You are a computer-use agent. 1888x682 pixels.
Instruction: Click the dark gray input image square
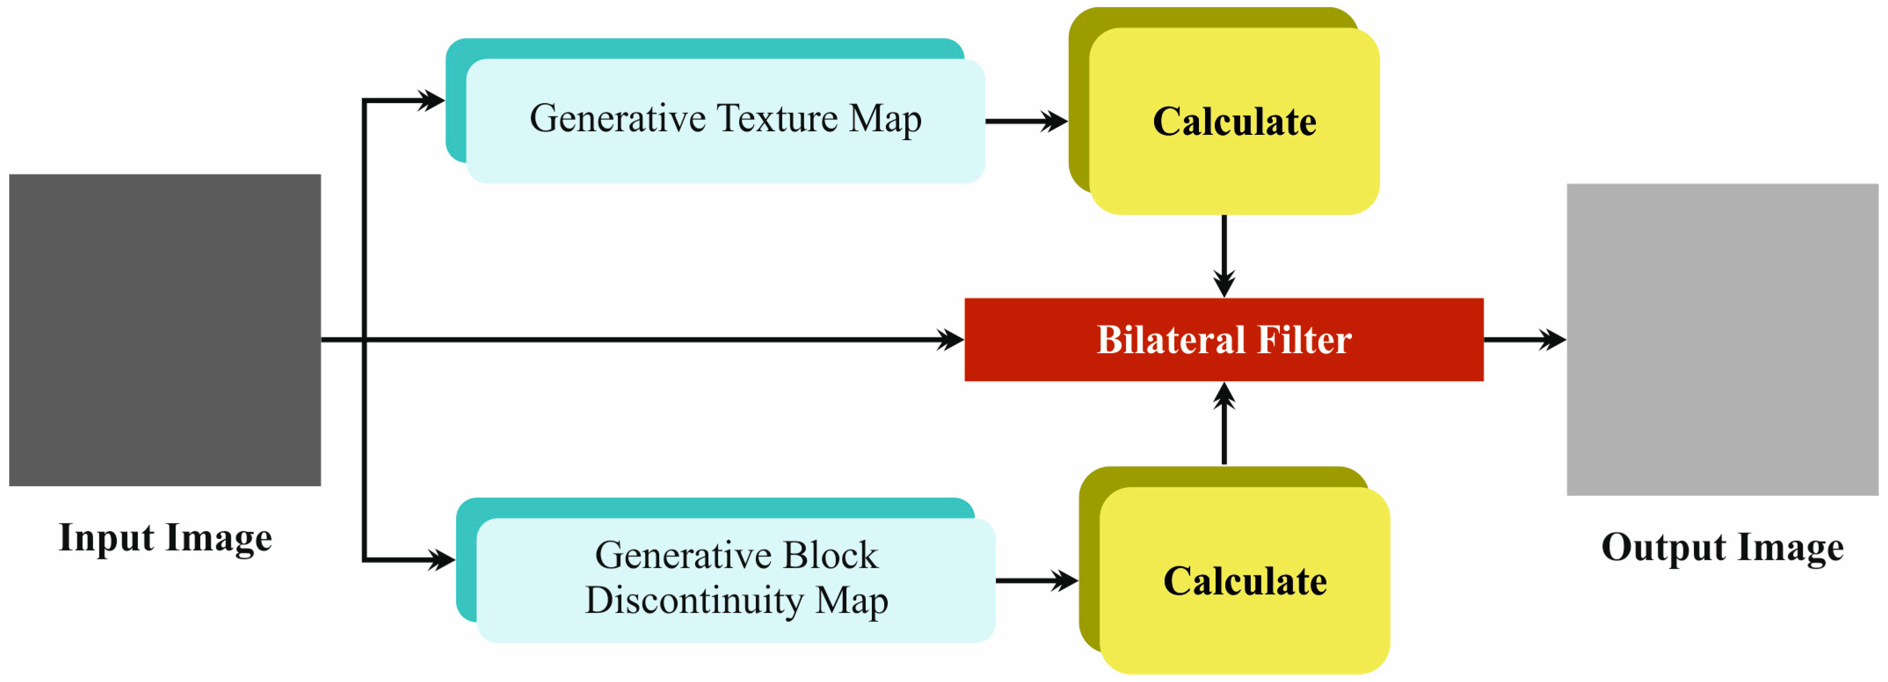[165, 330]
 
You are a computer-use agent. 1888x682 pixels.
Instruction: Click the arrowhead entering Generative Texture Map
[432, 101]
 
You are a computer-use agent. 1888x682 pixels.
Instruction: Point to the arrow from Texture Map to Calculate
[1026, 121]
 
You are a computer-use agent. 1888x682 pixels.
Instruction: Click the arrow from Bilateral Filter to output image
[1525, 339]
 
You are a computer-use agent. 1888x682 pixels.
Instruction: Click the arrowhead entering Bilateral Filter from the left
[951, 339]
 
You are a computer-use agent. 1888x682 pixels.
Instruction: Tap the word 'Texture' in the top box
[777, 118]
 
